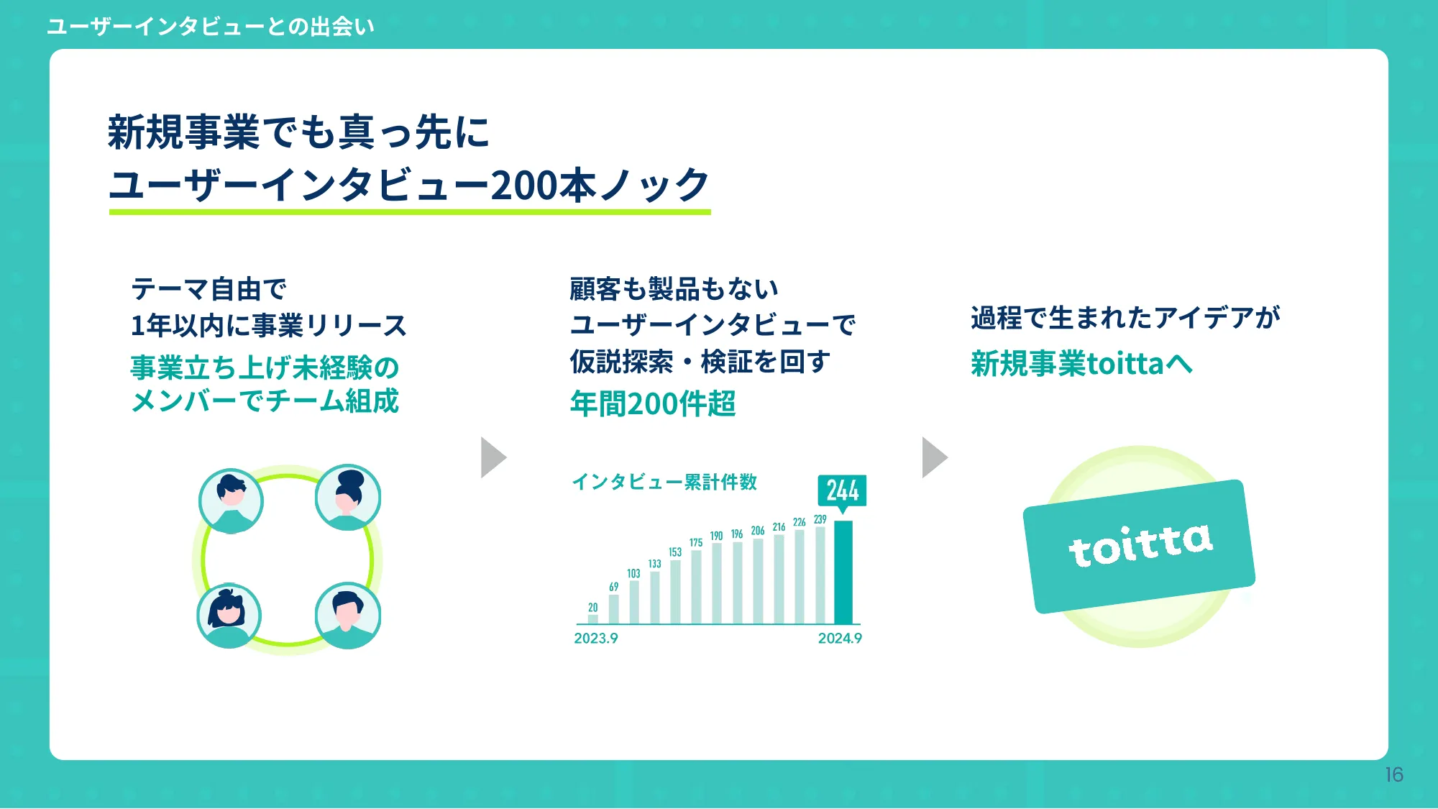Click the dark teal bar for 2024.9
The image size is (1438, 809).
point(843,572)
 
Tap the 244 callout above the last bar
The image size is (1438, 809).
point(842,491)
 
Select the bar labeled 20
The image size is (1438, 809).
point(592,619)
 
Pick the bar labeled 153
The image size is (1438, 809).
point(675,591)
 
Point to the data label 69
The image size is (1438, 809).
point(613,587)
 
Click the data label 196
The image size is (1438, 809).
point(737,534)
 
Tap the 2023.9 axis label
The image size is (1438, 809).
point(595,639)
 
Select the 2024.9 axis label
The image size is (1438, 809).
point(840,639)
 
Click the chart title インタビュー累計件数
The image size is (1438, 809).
point(664,482)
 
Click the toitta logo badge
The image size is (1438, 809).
point(1139,546)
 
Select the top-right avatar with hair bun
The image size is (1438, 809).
point(348,497)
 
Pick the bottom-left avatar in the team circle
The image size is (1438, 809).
point(229,616)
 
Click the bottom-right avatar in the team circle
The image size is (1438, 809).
point(348,616)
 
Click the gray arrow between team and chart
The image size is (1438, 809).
point(493,457)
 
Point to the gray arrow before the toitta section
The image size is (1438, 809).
point(935,457)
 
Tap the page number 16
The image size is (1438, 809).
point(1394,774)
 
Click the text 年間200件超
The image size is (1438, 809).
point(653,403)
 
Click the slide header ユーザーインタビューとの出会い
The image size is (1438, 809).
point(211,27)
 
